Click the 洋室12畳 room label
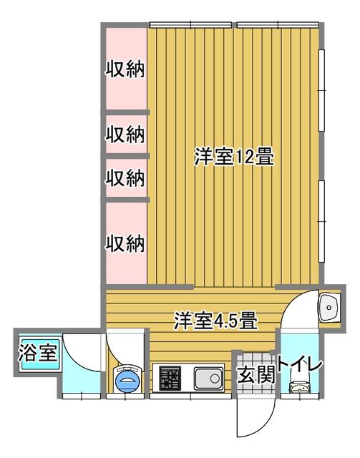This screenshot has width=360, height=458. (234, 157)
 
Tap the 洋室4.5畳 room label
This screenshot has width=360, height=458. (215, 321)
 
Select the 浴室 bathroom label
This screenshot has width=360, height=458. (38, 352)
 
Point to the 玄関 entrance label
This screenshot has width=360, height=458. (256, 374)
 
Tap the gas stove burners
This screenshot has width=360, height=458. (170, 379)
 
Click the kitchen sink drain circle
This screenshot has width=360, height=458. (215, 379)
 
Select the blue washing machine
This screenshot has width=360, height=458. (129, 379)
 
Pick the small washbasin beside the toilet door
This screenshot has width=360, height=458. (330, 308)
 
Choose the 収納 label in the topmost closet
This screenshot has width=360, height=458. (125, 69)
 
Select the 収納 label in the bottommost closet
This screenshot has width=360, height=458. (125, 243)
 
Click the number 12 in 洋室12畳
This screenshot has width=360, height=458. (244, 157)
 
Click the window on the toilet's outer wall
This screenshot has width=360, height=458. (300, 396)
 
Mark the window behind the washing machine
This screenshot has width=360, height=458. (125, 396)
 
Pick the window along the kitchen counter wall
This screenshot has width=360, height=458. (191, 396)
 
